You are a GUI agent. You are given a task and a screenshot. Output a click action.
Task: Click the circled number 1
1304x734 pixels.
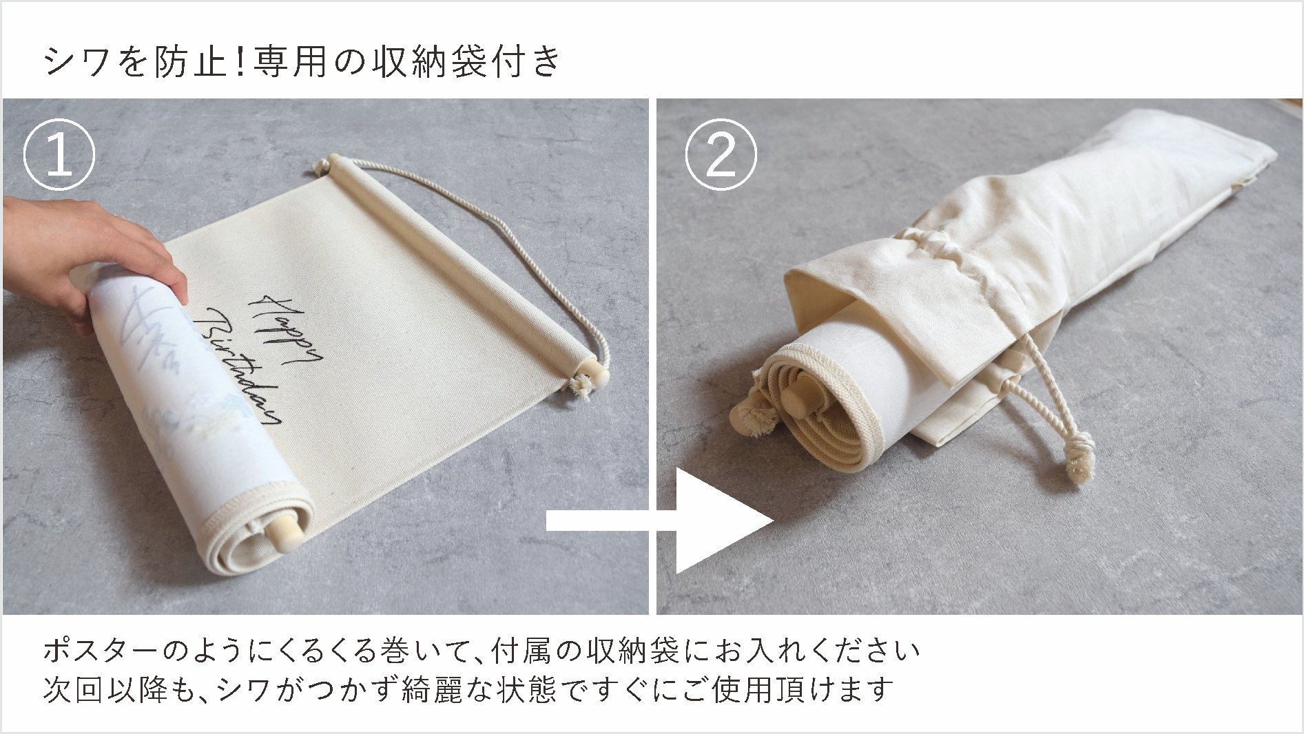pyautogui.click(x=59, y=156)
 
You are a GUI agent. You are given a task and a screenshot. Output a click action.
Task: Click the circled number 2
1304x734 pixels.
pyautogui.click(x=721, y=156)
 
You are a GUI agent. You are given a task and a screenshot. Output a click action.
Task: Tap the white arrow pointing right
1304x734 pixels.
pyautogui.click(x=716, y=521)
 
